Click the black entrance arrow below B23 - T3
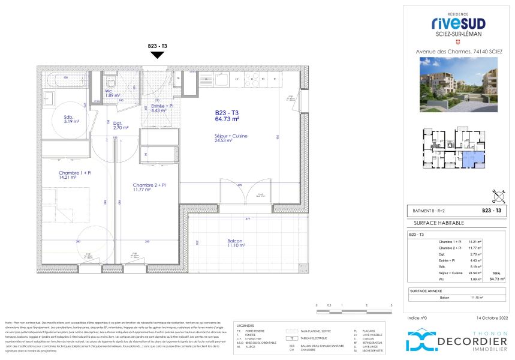[x=157, y=55]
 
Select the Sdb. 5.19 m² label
[x=72, y=119]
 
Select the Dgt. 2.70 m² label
[x=121, y=125]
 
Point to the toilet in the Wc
[x=111, y=82]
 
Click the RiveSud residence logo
[x=458, y=24]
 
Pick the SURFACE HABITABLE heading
[x=430, y=223]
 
